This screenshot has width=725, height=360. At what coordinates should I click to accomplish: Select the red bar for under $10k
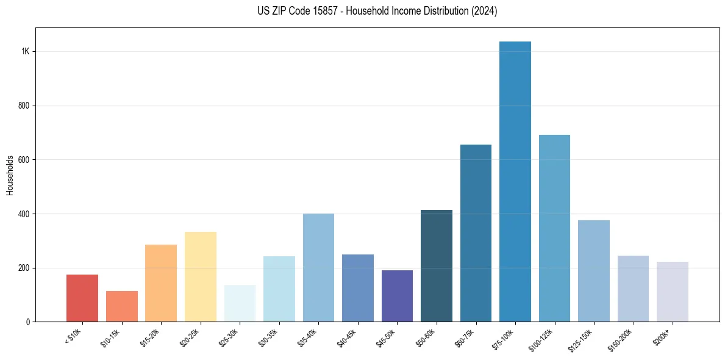(x=82, y=298)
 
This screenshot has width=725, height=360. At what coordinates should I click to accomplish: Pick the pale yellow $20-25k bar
(x=201, y=277)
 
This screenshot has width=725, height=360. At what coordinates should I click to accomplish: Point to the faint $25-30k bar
(x=240, y=303)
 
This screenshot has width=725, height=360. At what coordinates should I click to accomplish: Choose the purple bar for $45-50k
(x=397, y=296)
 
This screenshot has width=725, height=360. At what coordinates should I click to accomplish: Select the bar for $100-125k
(x=554, y=229)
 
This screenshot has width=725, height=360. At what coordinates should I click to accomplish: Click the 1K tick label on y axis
(x=25, y=51)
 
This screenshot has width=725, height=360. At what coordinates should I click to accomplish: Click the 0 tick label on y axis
(x=27, y=322)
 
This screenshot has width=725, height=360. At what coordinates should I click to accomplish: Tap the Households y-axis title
(x=10, y=175)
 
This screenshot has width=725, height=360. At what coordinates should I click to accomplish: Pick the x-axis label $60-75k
(x=463, y=337)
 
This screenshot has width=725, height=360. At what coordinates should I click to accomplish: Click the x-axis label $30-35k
(x=267, y=337)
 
